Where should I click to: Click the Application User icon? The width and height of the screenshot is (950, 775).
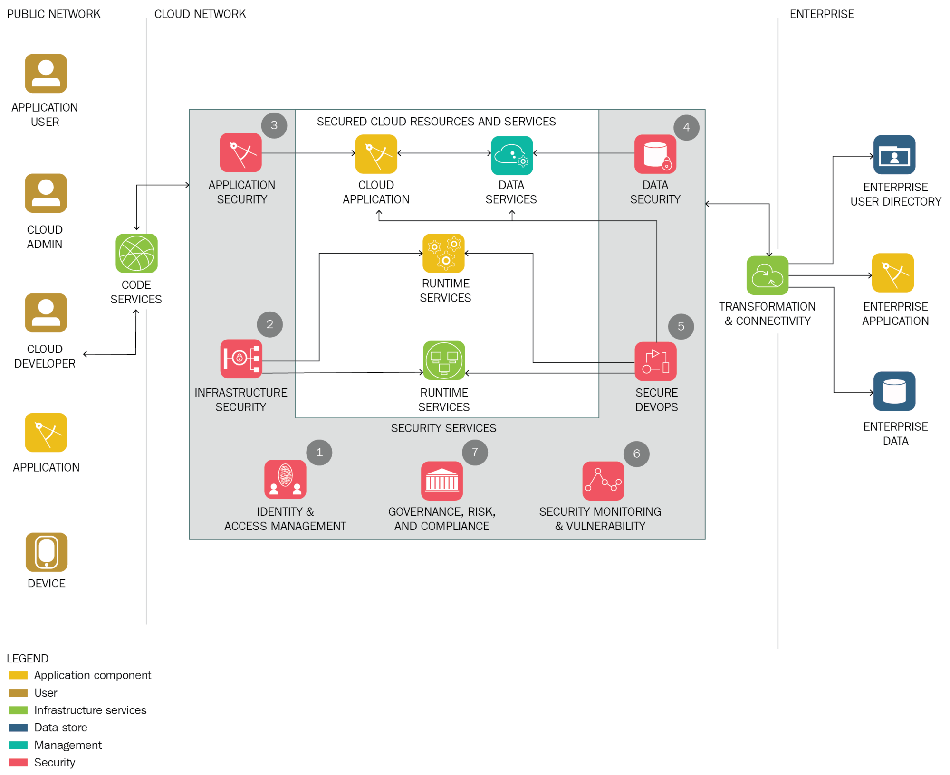(46, 74)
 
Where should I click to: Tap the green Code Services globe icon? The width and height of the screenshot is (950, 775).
(136, 253)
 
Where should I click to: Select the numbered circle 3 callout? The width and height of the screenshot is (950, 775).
(274, 125)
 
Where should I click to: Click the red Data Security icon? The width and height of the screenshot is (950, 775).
(655, 154)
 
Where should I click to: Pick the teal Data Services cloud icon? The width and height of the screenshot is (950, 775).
(511, 155)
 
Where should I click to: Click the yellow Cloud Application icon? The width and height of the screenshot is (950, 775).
(376, 154)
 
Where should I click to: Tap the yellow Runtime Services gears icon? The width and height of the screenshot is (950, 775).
(443, 253)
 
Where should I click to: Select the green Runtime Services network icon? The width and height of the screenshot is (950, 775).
(443, 360)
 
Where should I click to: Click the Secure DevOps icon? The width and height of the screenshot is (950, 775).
(655, 361)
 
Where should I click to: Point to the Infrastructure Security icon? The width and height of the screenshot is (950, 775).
(241, 359)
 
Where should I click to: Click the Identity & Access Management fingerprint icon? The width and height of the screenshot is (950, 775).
(285, 479)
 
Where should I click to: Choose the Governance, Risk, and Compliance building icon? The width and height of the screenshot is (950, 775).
(441, 481)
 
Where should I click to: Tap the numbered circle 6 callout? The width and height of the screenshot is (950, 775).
(636, 454)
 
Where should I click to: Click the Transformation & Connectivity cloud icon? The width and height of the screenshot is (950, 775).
(767, 275)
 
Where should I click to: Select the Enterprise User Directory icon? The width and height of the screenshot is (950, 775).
(894, 155)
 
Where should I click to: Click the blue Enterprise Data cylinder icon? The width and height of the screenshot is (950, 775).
(894, 391)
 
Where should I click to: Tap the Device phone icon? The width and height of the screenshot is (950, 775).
(47, 552)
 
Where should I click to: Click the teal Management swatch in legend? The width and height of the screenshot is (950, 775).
(18, 745)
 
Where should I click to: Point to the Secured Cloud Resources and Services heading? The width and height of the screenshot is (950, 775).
(436, 122)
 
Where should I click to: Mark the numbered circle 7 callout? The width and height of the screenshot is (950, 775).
(474, 452)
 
